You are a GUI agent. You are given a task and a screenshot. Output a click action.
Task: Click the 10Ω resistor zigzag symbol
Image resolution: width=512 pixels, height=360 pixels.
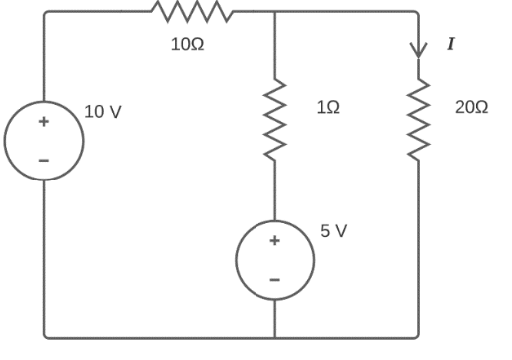coord(191,12)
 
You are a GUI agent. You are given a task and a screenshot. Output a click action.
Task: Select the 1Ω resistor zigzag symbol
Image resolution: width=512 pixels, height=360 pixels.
coord(274,121)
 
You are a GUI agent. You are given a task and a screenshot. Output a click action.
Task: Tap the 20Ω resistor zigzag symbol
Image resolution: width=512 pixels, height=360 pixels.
coord(419,120)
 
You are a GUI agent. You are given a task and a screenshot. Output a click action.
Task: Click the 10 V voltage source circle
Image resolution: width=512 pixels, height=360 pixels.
coord(44,140)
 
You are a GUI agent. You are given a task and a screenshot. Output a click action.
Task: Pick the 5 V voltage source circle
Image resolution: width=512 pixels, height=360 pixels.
coord(274,260)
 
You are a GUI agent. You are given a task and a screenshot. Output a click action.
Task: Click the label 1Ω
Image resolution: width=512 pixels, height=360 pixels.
coord(327,107)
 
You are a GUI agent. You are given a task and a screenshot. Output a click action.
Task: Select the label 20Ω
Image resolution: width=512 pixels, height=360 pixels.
coord(471,107)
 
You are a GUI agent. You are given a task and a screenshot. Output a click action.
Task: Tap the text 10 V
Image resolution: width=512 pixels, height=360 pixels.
coord(103,112)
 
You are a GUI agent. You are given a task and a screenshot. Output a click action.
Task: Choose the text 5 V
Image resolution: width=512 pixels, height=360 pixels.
coord(334,231)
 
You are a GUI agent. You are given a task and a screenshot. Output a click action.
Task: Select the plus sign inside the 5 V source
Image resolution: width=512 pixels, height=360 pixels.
coord(274,241)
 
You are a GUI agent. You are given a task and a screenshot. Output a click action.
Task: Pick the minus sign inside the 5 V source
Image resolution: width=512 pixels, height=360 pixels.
coord(274,279)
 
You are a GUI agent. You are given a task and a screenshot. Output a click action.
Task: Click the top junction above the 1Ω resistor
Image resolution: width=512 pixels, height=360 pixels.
coord(274,12)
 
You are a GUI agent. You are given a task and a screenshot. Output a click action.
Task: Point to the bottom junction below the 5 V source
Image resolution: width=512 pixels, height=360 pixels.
coord(274,337)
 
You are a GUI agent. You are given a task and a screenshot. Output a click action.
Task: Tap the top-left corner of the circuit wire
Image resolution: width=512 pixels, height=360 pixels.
coord(45,13)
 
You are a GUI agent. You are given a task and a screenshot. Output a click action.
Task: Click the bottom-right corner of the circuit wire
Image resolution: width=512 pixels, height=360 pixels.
coord(418,336)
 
